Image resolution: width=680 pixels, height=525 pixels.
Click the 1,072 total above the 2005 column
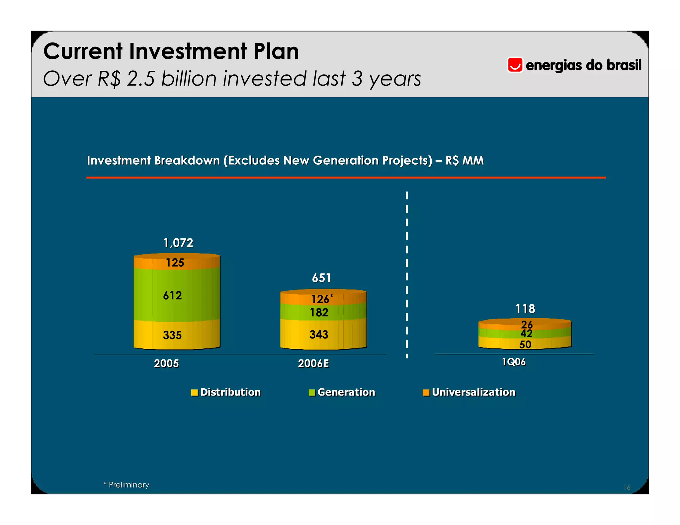[x=178, y=243]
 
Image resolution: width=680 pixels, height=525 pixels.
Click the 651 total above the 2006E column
[x=321, y=278]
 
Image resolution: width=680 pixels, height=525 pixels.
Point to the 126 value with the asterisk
[x=321, y=299]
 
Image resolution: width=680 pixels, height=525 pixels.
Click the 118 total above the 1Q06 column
[x=525, y=309]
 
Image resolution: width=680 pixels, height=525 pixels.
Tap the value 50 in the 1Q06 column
[x=525, y=344]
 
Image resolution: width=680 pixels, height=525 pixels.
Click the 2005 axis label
[x=166, y=363]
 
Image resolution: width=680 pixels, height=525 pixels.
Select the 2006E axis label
[x=313, y=363]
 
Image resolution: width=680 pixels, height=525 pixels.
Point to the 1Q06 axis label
[x=513, y=362]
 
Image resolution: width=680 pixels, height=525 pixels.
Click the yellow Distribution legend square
[x=195, y=393]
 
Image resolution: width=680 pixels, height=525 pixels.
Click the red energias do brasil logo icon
[x=515, y=65]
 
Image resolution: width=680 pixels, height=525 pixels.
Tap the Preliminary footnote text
[x=129, y=485]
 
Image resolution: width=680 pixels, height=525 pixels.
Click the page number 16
[x=627, y=487]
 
